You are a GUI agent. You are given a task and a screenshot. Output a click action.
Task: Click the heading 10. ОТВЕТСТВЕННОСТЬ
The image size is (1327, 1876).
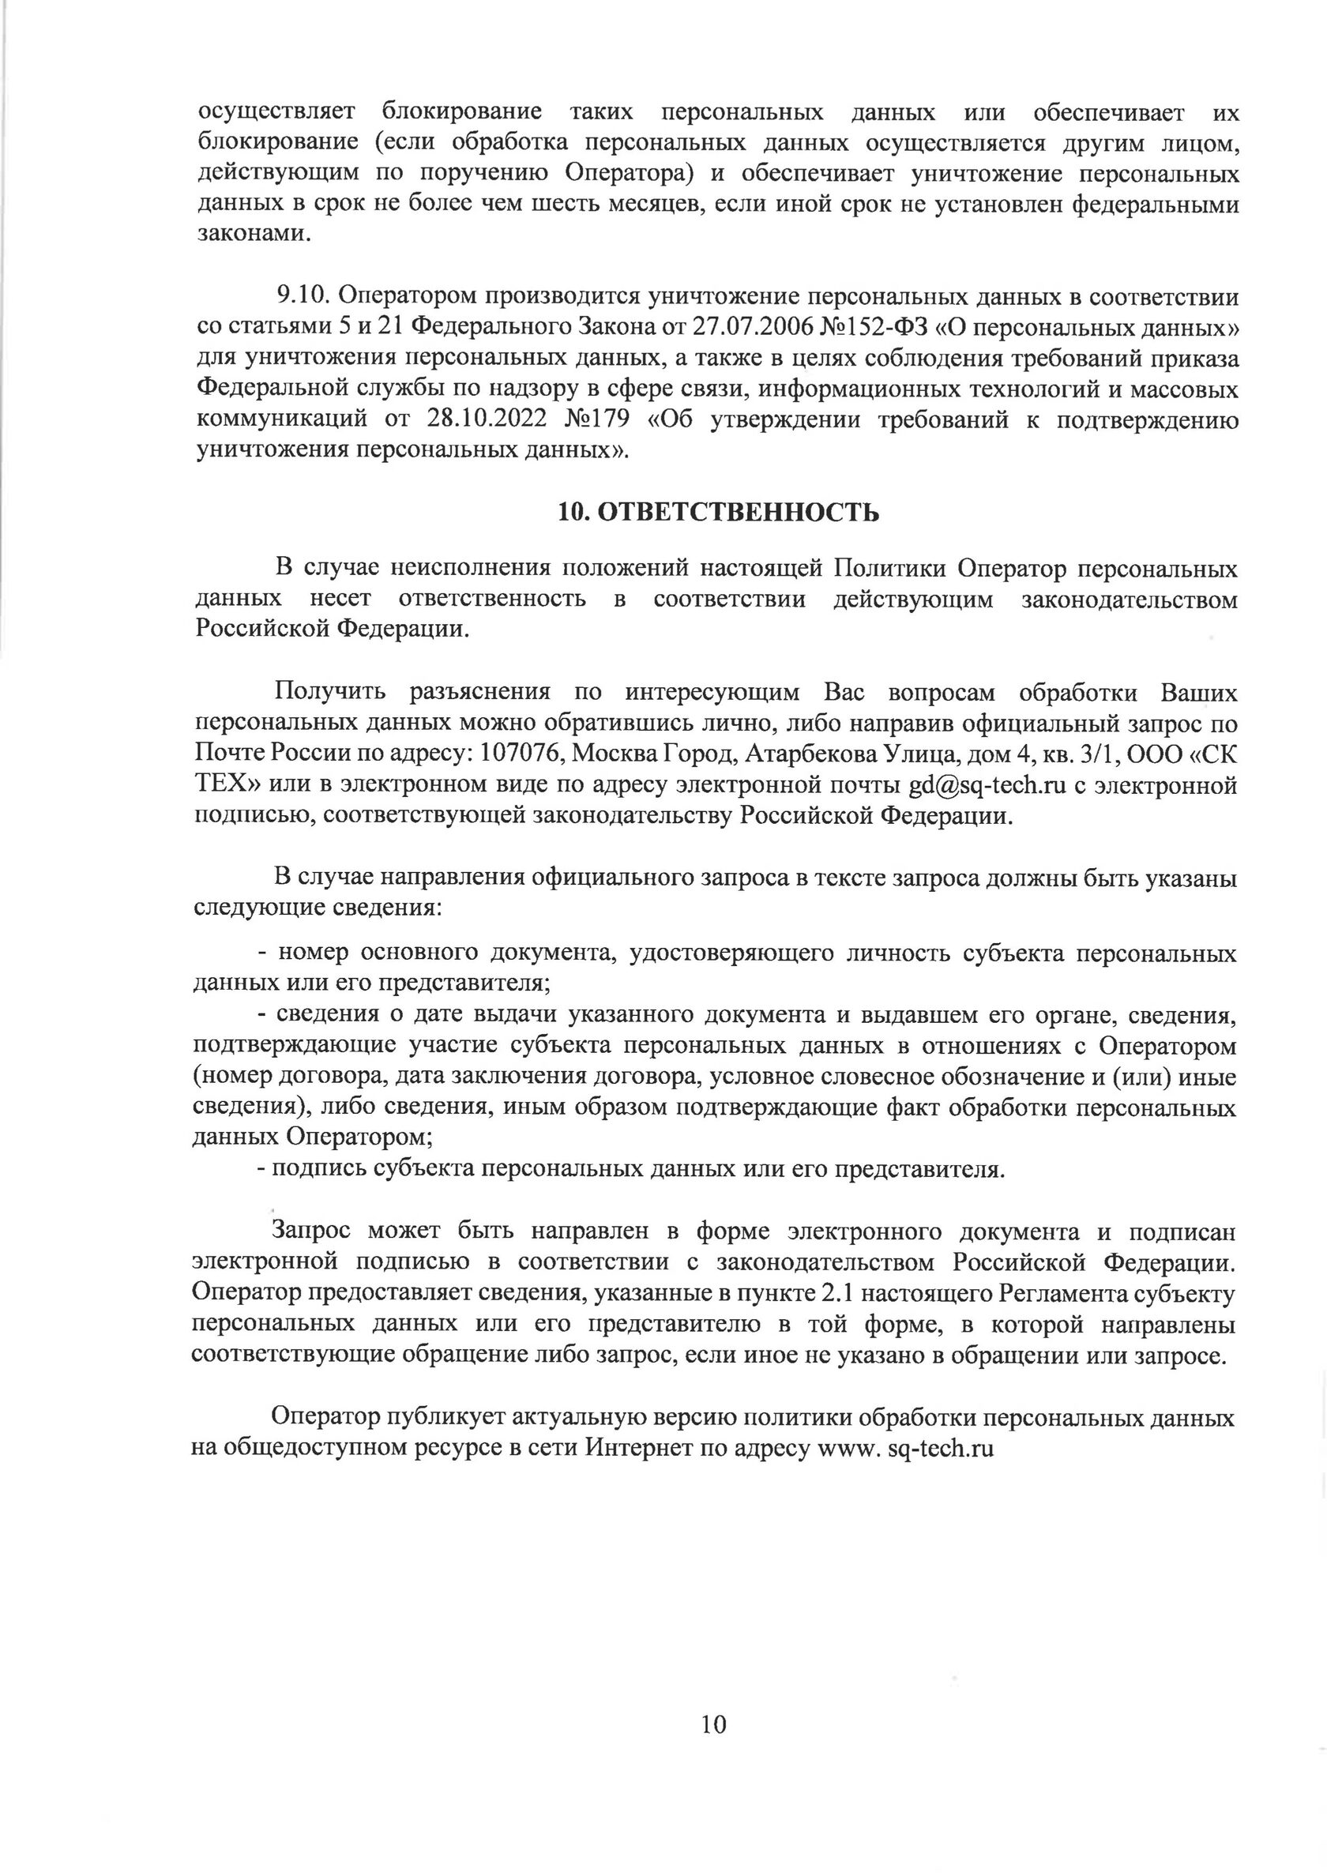click(x=719, y=512)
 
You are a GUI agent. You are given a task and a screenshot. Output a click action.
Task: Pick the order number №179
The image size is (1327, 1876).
click(x=597, y=420)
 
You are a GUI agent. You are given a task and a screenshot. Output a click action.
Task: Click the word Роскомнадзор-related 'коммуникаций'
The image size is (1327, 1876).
click(x=278, y=420)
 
